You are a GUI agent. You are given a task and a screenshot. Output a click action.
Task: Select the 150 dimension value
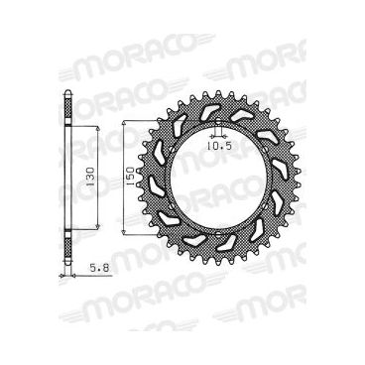[x=128, y=178]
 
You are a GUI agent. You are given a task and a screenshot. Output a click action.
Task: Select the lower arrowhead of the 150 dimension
[x=120, y=234]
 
